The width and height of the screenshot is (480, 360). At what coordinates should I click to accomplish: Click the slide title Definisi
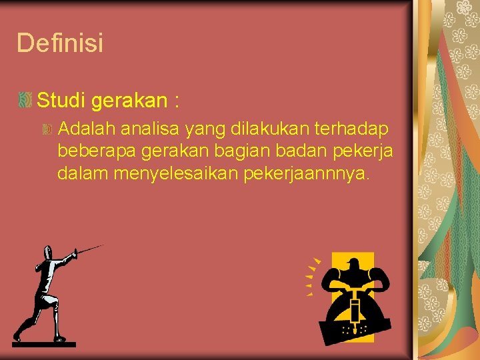[60, 43]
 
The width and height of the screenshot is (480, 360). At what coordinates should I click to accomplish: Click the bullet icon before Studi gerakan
[25, 101]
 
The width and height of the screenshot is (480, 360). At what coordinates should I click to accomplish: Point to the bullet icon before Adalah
[47, 128]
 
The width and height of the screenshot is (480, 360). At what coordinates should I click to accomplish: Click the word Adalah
[83, 127]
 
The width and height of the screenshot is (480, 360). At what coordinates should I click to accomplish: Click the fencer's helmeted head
[47, 253]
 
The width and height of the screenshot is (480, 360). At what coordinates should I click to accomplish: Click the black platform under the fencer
[44, 344]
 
